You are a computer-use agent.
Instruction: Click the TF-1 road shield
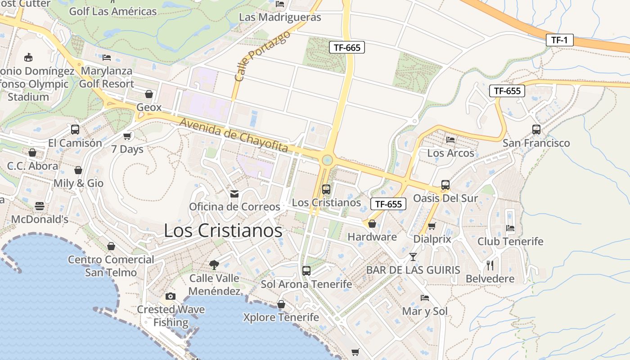[x=559, y=40]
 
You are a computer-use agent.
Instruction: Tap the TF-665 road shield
[x=346, y=47]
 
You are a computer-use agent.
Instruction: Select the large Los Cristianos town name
[x=223, y=230]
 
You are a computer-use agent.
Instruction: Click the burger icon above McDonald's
[x=40, y=206]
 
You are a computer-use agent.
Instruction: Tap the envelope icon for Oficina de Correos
[x=234, y=193]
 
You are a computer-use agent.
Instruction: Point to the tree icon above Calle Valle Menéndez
[x=214, y=265]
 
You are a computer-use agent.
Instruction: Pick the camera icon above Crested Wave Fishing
[x=170, y=296]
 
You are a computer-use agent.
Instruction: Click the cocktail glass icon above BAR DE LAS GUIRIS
[x=413, y=256]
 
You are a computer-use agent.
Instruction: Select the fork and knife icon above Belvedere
[x=490, y=265]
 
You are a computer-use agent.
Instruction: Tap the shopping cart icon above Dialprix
[x=432, y=226]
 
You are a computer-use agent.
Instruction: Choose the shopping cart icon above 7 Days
[x=127, y=136]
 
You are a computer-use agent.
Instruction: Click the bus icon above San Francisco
[x=536, y=130]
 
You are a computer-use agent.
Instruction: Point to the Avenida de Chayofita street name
[x=234, y=135]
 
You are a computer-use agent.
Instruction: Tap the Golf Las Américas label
[x=112, y=11]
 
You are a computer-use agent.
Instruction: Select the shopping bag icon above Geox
[x=149, y=94]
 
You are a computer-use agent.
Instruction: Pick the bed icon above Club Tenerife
[x=510, y=228]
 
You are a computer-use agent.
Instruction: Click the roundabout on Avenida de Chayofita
[x=327, y=160]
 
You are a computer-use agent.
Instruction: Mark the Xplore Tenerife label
[x=281, y=317]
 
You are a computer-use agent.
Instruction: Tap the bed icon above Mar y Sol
[x=424, y=297]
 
